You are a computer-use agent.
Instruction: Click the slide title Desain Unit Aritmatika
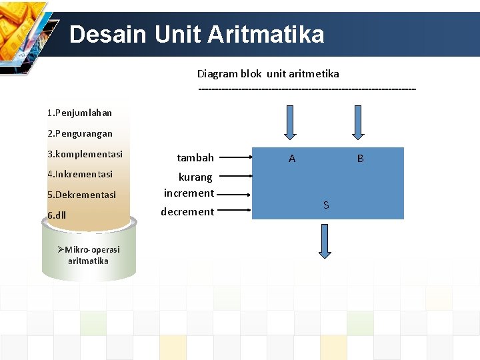point(197,34)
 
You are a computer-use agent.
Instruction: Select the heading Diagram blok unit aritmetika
point(267,73)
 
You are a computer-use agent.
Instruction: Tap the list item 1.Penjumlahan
point(79,113)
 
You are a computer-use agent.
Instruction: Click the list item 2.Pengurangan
point(79,133)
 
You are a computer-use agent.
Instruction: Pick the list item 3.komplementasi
point(85,154)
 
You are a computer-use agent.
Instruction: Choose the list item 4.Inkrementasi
point(79,174)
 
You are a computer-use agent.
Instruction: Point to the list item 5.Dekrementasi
point(81,195)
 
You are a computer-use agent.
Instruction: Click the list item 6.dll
point(57,215)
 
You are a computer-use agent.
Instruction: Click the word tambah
point(195,158)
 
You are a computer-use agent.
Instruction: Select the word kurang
point(195,177)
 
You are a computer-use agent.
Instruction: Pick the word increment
point(189,193)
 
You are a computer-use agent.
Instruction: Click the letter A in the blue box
point(292,159)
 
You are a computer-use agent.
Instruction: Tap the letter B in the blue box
point(360,159)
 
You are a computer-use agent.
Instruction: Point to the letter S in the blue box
point(326,205)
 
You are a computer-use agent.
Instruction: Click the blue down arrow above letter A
point(290,123)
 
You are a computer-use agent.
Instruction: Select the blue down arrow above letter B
point(359,123)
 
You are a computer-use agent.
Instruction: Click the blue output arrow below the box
point(325,241)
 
